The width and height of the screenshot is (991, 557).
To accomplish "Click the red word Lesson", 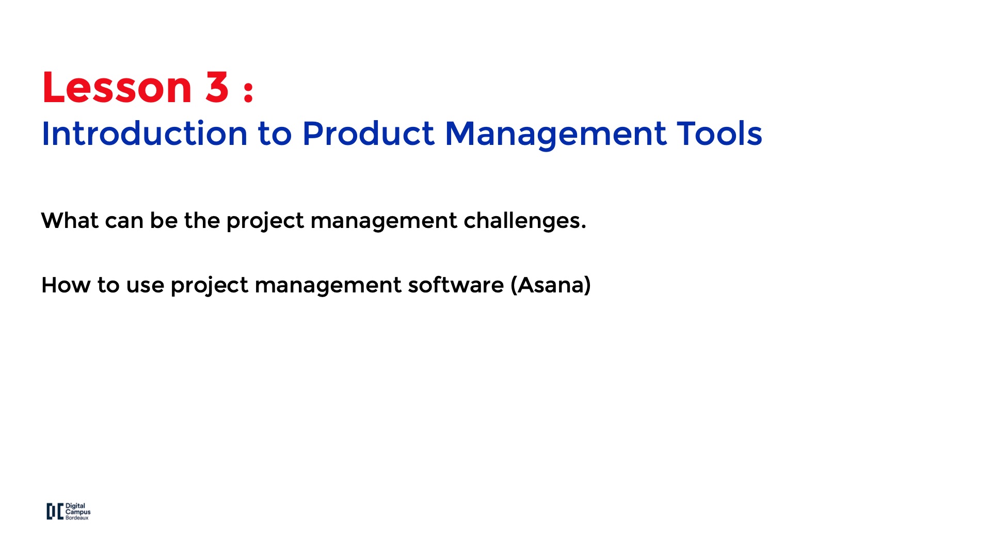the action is click(117, 87).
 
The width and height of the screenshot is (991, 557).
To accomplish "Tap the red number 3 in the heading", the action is click(217, 87).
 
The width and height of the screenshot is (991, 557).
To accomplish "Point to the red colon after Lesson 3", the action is click(248, 91).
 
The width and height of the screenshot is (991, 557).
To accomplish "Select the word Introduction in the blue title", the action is click(145, 134).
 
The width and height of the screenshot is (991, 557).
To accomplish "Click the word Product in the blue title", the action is click(369, 134).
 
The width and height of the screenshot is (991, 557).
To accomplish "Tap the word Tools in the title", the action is click(720, 134).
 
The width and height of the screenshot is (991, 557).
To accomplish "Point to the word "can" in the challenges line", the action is click(124, 222).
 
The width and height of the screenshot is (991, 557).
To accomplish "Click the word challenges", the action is click(525, 221).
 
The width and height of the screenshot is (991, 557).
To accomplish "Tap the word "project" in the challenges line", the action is click(265, 222).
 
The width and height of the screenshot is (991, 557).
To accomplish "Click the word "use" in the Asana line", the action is click(145, 287).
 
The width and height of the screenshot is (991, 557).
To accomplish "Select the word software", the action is click(456, 285).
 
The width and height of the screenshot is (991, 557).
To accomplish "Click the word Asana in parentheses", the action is click(551, 285).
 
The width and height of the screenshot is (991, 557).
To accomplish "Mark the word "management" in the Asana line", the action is click(328, 287).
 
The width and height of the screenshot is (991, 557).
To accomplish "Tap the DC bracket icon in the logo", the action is click(55, 512).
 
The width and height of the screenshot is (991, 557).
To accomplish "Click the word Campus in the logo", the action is click(78, 512).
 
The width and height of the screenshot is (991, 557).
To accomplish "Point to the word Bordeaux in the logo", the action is click(77, 518).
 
